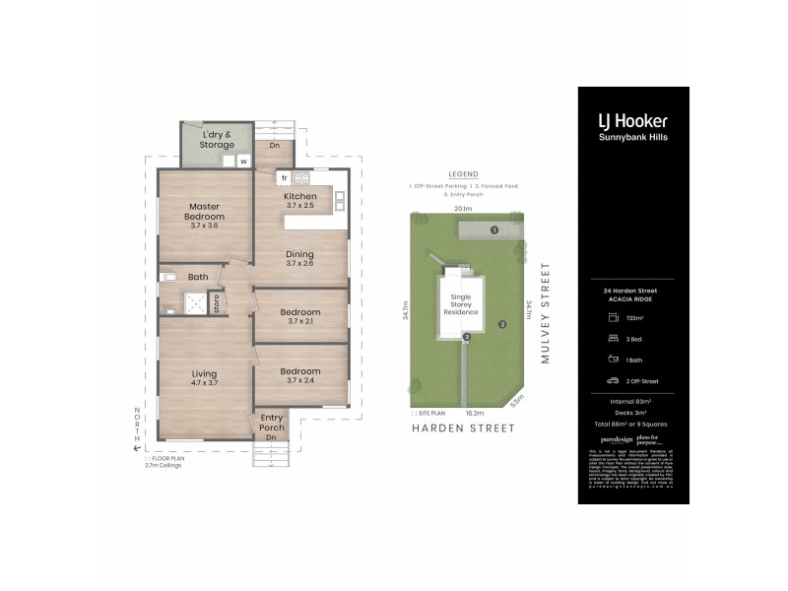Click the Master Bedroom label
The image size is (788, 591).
tap(206, 216)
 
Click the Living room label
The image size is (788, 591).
tap(204, 378)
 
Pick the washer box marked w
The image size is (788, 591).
tap(241, 161)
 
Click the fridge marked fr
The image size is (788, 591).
tap(283, 178)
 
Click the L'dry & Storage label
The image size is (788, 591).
tap(217, 139)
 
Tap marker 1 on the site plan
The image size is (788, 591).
tap(494, 230)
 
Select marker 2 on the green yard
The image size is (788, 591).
tap(501, 323)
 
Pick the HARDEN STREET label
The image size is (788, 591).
tap(464, 428)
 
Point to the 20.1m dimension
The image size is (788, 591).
tap(463, 209)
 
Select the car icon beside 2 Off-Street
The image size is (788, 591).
tap(613, 380)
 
